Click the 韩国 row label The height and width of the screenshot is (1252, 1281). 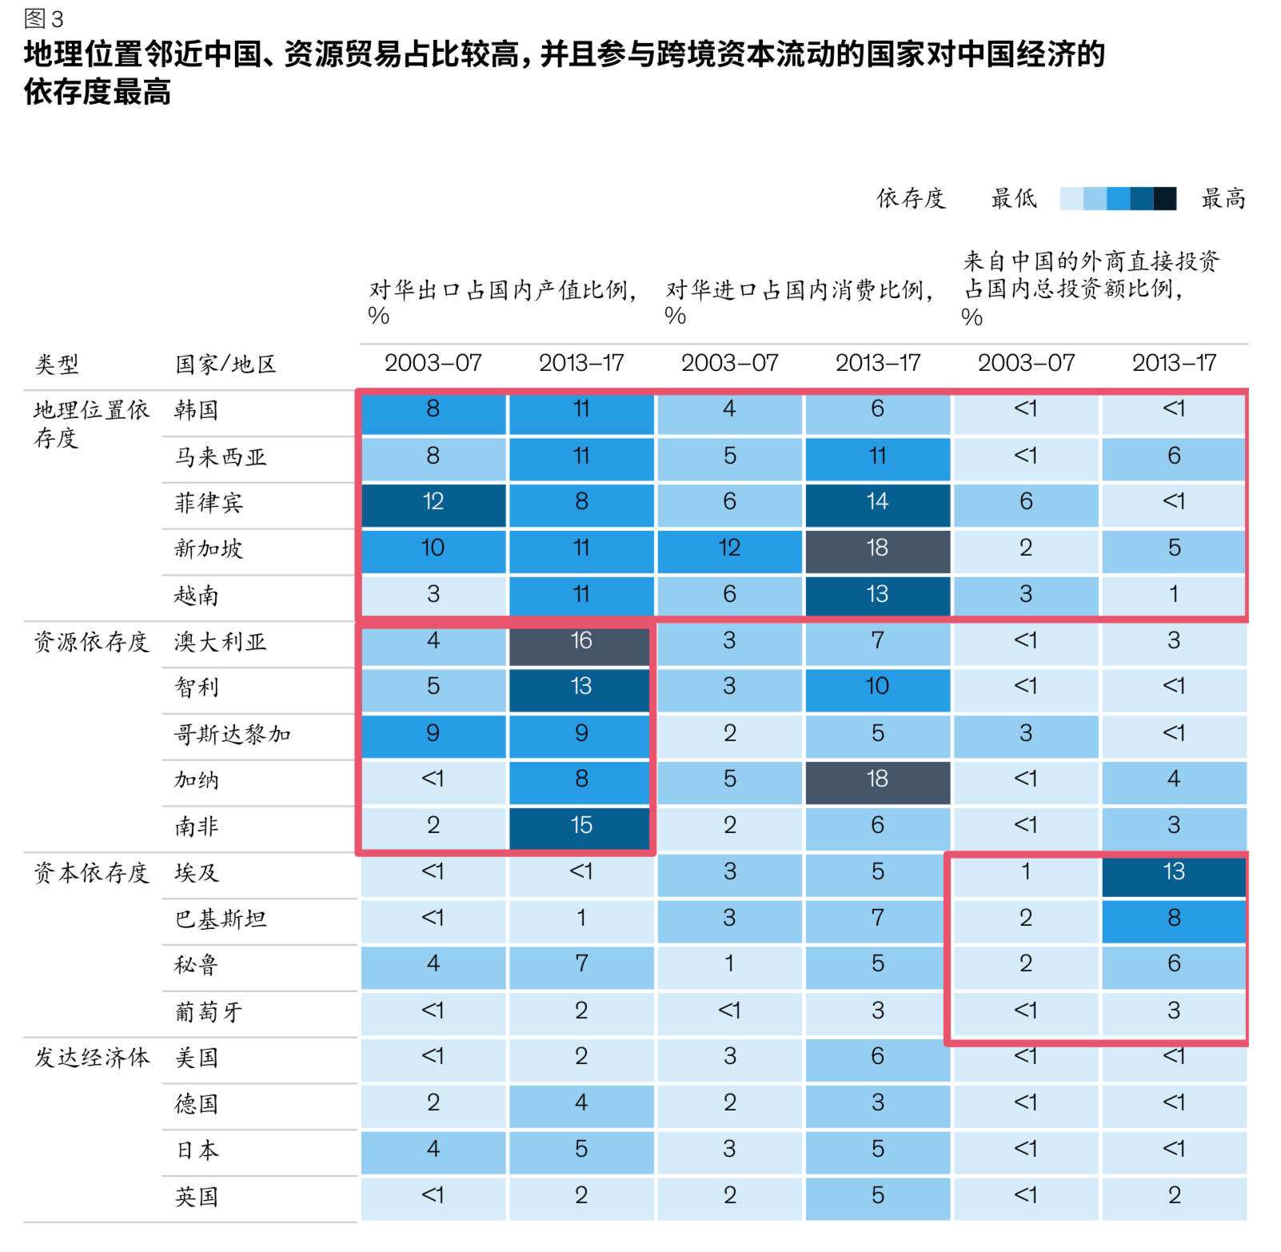click(196, 410)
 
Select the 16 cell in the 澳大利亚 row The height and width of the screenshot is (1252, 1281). click(581, 640)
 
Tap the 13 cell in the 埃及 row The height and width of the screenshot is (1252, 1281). click(1173, 871)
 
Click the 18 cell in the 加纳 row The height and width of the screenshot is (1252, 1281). click(877, 779)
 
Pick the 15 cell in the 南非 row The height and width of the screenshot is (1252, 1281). click(581, 825)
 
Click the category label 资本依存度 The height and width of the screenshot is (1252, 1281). click(91, 872)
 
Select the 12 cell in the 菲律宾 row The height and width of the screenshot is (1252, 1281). click(433, 502)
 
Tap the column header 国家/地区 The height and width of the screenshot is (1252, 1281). click(225, 365)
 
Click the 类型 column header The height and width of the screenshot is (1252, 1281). click(57, 365)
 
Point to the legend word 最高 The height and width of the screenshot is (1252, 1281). click(1223, 198)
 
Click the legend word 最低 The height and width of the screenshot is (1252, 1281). click(1013, 198)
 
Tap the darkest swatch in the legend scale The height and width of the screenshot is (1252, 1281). click(1164, 198)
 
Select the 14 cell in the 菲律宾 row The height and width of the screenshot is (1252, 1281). click(877, 502)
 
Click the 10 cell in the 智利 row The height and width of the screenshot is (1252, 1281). click(877, 686)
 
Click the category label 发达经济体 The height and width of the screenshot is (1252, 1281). click(91, 1058)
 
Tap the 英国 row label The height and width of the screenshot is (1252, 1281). click(196, 1196)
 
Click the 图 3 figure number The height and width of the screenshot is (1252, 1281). click(43, 18)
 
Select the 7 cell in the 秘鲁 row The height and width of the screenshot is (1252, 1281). click(581, 963)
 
